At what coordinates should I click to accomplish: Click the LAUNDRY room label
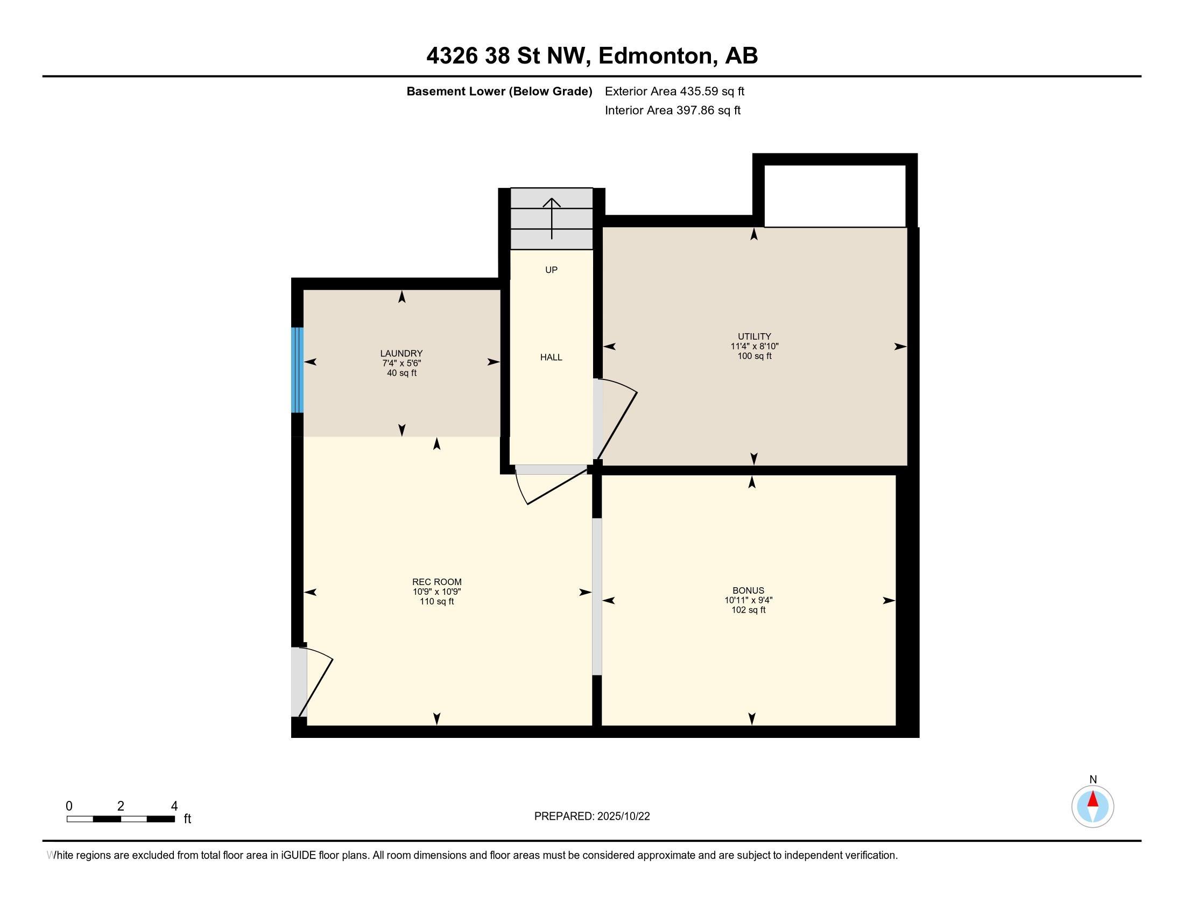coord(401,354)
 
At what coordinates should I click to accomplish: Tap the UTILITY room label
coord(754,336)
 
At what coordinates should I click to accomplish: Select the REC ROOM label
coord(437,582)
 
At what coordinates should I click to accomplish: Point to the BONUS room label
coord(749,590)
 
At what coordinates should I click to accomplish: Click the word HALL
coord(551,357)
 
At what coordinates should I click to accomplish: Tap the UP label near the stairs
coord(551,270)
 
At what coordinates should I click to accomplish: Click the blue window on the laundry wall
coord(297,370)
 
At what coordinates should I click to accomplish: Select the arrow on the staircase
coord(552,219)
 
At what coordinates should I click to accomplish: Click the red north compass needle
coord(1093,799)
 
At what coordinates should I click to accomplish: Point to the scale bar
coord(121,819)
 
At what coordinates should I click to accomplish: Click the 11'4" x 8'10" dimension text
coord(755,347)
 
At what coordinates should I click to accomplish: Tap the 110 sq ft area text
coord(437,602)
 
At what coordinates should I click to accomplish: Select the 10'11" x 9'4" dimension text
coord(749,600)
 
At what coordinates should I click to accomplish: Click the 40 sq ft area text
coord(401,373)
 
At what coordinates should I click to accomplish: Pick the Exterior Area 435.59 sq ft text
coord(675,91)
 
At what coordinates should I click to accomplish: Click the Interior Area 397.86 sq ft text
coord(673,110)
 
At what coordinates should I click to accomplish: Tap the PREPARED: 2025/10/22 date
coord(592,817)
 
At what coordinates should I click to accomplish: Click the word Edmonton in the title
coord(655,56)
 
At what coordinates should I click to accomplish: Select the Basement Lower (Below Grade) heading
coord(499,91)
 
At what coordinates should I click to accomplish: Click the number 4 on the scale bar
coord(174,806)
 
